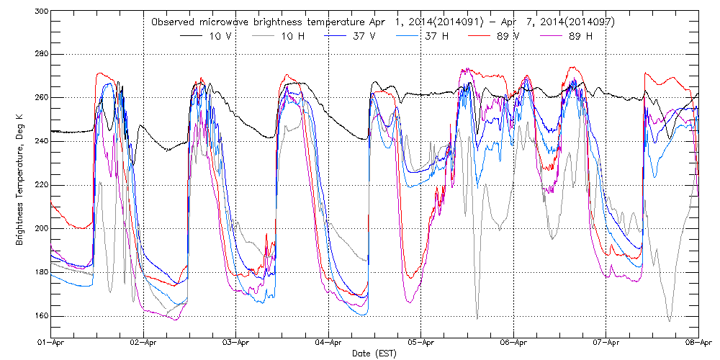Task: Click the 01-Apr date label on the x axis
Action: coord(51,344)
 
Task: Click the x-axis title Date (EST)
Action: coord(374,354)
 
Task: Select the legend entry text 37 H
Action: coord(451,36)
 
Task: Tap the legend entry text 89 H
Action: coord(580,36)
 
